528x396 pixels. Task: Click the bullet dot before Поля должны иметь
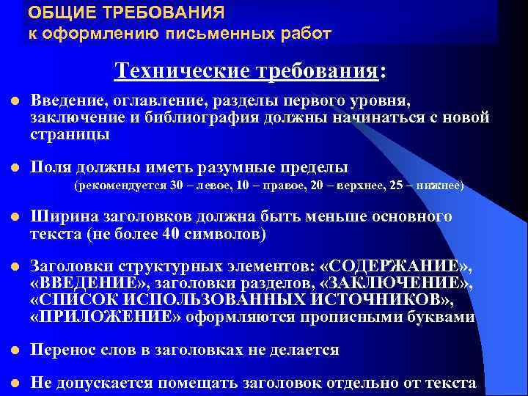coord(12,167)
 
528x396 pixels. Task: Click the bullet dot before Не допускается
coord(12,382)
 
